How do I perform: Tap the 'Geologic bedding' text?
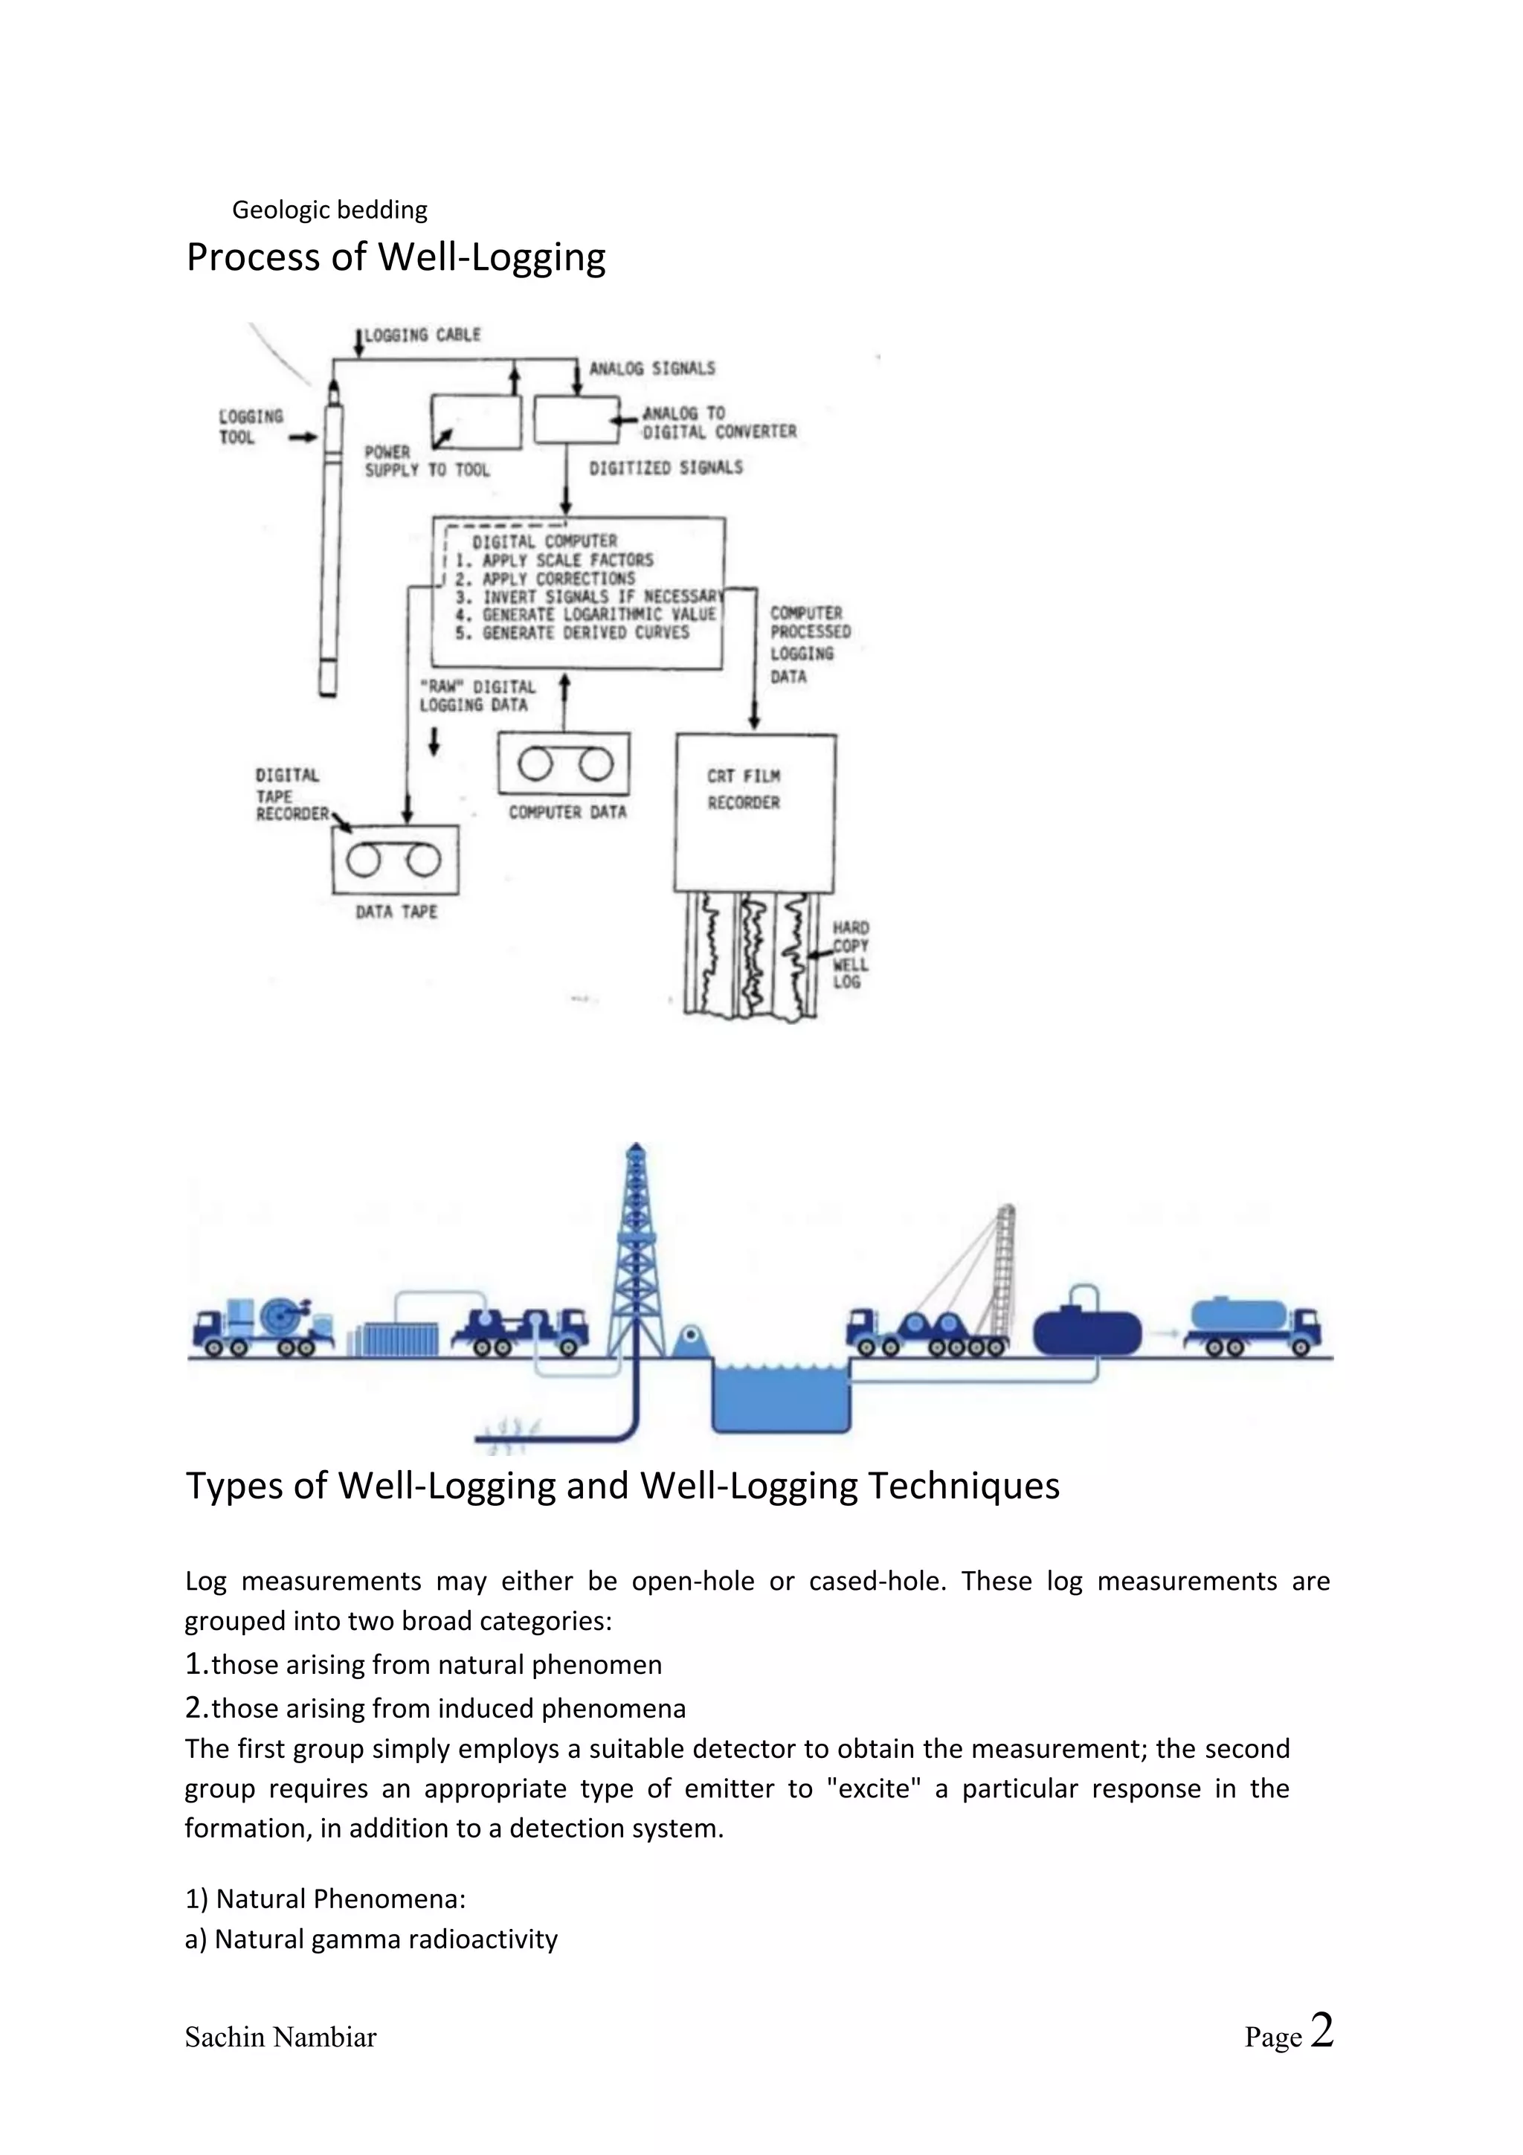click(329, 209)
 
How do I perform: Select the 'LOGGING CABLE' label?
click(422, 335)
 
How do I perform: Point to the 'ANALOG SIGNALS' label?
click(651, 369)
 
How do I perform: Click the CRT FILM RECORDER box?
click(755, 812)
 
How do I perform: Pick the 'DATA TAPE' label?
click(396, 912)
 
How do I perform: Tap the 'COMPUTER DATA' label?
click(567, 812)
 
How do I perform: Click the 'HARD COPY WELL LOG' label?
click(850, 955)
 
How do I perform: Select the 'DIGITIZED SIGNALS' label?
click(666, 468)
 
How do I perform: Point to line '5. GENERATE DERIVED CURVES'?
click(585, 633)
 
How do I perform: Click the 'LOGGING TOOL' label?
click(250, 426)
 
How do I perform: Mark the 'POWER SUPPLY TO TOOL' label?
click(426, 461)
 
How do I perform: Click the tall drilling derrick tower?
click(637, 1257)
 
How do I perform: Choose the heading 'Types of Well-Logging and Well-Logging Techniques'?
click(622, 1486)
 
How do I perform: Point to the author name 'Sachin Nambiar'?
click(280, 2038)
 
